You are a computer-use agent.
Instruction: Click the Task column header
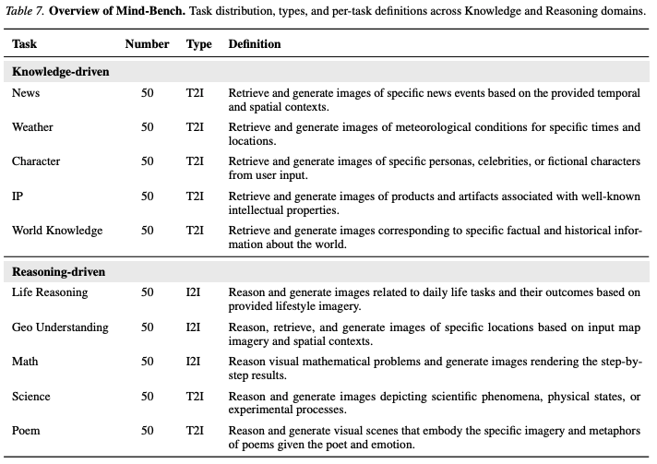point(24,44)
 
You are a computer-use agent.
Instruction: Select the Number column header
point(147,44)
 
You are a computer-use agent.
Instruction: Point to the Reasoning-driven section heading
point(58,272)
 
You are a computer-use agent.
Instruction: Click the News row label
point(27,93)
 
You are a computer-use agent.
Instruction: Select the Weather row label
point(32,127)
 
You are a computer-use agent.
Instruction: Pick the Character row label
point(36,161)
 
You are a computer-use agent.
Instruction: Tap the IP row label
point(18,196)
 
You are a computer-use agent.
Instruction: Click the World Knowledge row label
point(57,231)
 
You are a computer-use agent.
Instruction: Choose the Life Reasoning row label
point(50,292)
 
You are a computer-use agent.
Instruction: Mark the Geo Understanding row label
point(60,327)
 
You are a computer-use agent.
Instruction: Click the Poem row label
point(27,431)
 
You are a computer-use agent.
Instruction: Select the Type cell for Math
point(194,362)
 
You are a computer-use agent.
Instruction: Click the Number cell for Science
point(148,397)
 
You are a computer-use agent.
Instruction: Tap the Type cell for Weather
point(195,127)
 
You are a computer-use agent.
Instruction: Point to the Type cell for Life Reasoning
point(194,292)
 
